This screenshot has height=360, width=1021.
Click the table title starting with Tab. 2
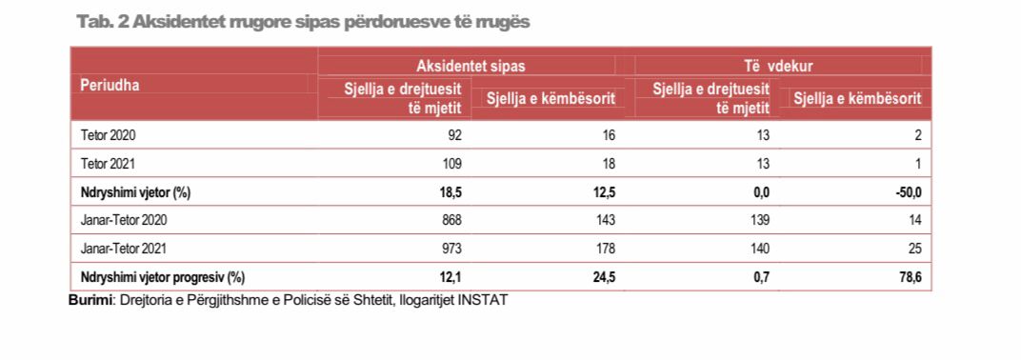tap(303, 22)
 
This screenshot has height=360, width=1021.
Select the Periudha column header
tap(110, 86)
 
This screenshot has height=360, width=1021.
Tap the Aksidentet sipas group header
tap(470, 66)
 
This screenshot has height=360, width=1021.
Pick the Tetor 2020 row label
tap(109, 135)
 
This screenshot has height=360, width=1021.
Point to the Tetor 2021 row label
tap(109, 164)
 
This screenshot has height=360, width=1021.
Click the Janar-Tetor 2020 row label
tap(124, 221)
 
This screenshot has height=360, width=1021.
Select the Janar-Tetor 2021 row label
tap(124, 249)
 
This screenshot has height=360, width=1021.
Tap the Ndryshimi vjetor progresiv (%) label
tap(163, 277)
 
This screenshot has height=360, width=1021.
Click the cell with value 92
tap(454, 135)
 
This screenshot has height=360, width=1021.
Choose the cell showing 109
tap(450, 164)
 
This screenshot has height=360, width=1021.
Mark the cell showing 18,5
tap(450, 192)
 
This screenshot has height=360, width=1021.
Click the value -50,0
tap(908, 192)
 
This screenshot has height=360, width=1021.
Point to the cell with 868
tap(450, 221)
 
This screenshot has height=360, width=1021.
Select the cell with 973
tap(450, 249)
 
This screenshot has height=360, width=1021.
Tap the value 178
tap(604, 249)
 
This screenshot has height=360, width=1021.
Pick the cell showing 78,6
tap(911, 277)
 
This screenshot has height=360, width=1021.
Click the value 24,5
tap(604, 277)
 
